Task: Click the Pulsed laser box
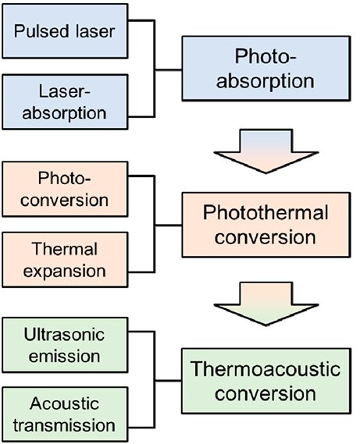pos(65,31)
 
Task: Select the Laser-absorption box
pos(65,102)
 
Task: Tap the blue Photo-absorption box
pos(266,68)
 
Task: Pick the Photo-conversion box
pos(65,189)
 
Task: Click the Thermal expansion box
pos(65,260)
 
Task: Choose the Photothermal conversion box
pos(266,225)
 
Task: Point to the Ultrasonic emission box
pos(65,345)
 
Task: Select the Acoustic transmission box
pos(65,414)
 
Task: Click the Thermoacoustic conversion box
pos(266,381)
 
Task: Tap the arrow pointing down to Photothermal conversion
pos(266,151)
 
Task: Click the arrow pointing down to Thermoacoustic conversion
pos(266,304)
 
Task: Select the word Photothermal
pos(266,212)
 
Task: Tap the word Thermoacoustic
pos(266,368)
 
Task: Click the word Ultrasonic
pos(64,335)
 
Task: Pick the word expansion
pos(64,272)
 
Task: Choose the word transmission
pos(64,425)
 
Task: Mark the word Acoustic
pos(64,403)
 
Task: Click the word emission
pos(64,357)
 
